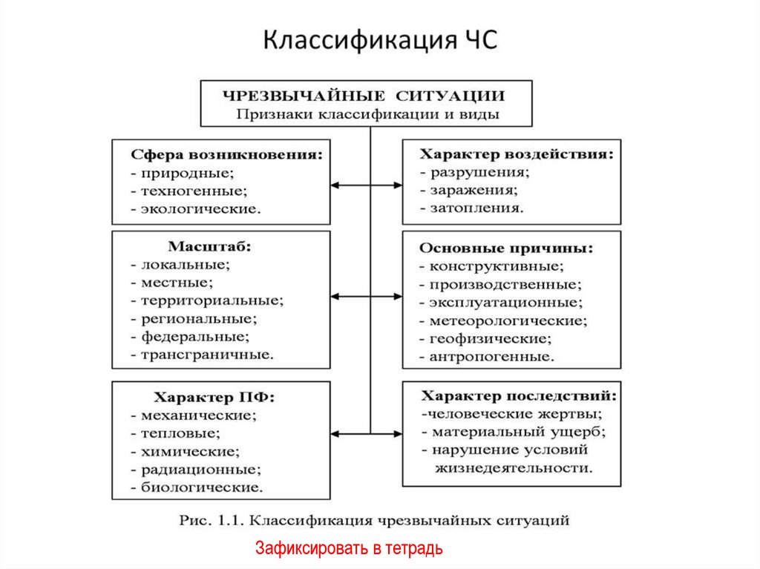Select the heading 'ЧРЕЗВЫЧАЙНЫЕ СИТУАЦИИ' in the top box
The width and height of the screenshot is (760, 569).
[x=364, y=96]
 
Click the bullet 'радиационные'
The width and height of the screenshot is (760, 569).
[x=199, y=470]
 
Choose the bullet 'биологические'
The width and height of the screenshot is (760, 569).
[x=199, y=488]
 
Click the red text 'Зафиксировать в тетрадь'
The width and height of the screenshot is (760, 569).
[x=349, y=549]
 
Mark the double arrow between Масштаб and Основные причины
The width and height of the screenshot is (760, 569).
[x=367, y=296]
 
